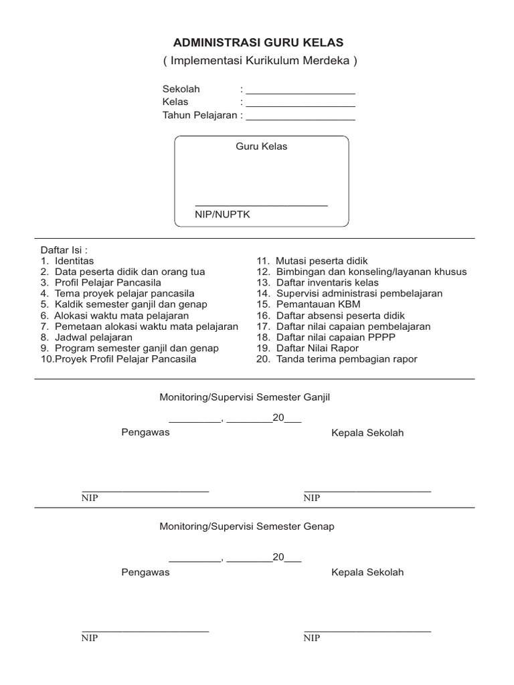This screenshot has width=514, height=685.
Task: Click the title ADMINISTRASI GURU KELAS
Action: click(x=258, y=42)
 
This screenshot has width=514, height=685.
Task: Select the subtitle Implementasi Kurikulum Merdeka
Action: click(x=260, y=61)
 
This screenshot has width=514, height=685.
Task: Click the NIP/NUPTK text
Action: click(x=222, y=214)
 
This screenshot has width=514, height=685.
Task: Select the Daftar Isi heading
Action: click(x=65, y=250)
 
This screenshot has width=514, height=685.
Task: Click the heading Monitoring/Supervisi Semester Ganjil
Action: click(x=245, y=397)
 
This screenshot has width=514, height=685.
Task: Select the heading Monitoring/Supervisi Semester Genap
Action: click(x=246, y=526)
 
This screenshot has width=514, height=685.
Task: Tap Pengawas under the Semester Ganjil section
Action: click(x=145, y=432)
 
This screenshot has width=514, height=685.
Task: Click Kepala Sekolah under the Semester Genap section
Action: click(x=367, y=573)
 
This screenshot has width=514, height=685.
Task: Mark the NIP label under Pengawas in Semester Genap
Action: click(x=90, y=638)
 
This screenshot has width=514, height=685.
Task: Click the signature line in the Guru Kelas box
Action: click(x=261, y=205)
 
